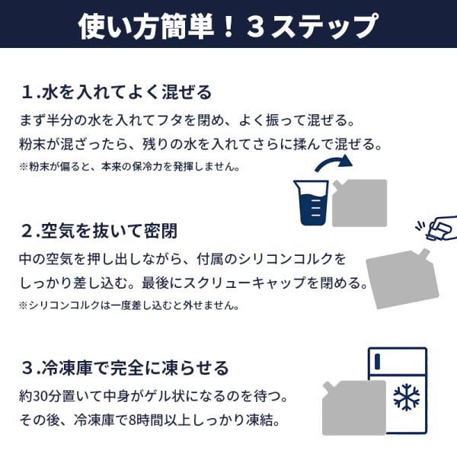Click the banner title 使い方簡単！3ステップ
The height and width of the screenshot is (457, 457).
pos(228,26)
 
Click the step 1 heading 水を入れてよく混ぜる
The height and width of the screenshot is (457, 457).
pos(127,92)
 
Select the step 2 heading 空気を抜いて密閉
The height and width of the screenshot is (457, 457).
pos(109,231)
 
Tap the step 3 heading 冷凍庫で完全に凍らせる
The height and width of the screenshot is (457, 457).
pos(136,368)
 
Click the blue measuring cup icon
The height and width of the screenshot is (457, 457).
pos(312,203)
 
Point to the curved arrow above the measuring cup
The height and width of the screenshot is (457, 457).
pos(334,163)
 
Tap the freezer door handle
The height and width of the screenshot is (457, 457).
pos(378,361)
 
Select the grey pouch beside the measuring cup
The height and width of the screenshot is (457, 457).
pos(360,203)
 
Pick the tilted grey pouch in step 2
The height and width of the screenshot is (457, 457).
pos(402,279)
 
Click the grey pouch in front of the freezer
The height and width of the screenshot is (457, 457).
pos(354,407)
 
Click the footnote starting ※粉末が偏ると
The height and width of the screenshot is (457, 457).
pos(129,167)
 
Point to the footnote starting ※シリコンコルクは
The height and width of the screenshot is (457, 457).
pos(129,305)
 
